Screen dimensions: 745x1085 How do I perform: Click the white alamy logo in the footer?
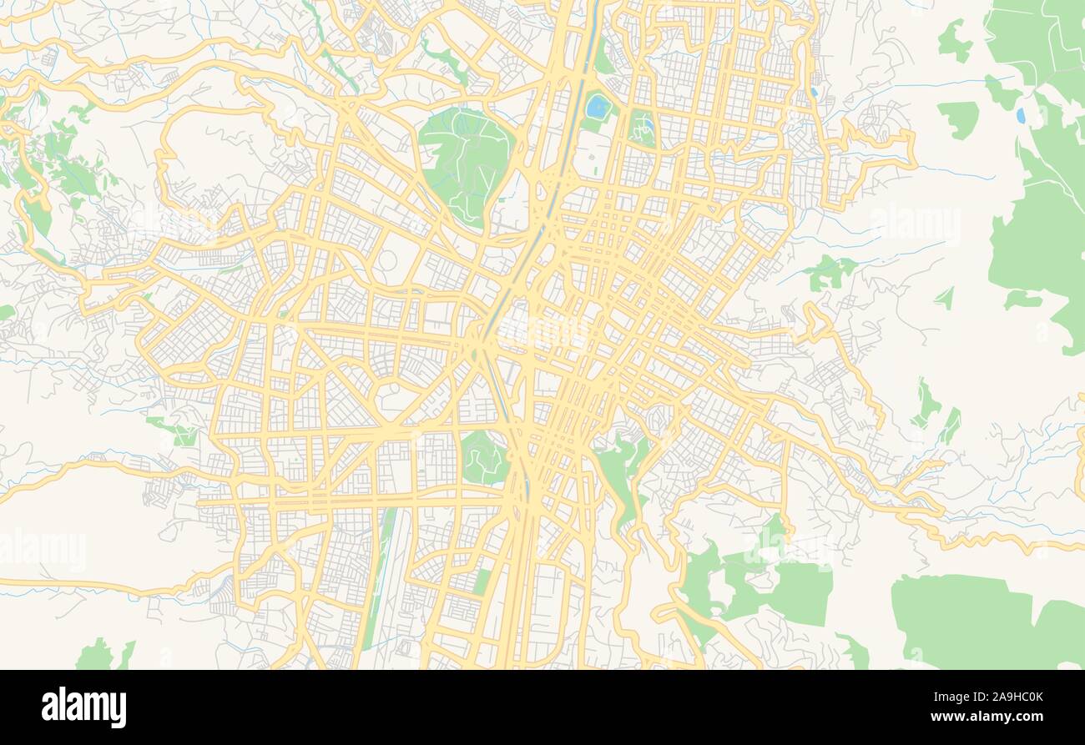coord(83,707)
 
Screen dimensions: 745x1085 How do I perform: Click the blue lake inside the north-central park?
coord(597,106)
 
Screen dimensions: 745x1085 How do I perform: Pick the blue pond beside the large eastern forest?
coord(1020,115)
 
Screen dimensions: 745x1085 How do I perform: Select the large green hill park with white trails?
coord(466,163)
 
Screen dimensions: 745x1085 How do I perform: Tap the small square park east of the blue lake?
coord(642,128)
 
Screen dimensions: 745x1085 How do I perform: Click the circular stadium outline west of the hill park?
coord(386,260)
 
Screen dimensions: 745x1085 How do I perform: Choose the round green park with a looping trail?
coord(483,456)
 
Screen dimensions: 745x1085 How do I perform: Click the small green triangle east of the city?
coord(945,298)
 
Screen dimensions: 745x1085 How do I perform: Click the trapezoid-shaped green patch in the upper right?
coord(959,118)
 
